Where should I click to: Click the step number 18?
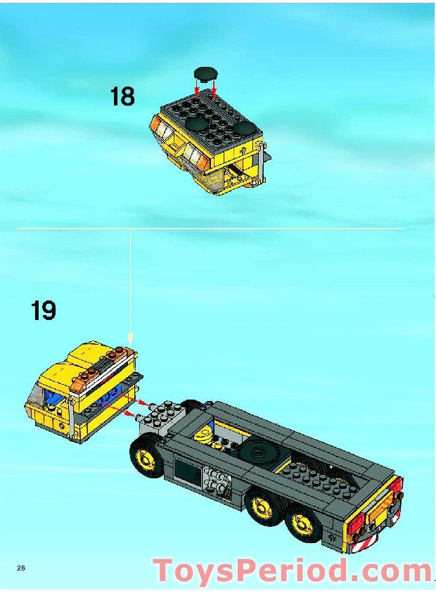coord(122,96)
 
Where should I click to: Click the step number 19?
coord(44,310)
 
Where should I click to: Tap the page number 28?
coord(21,568)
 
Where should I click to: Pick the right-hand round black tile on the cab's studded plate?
coord(246,128)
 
